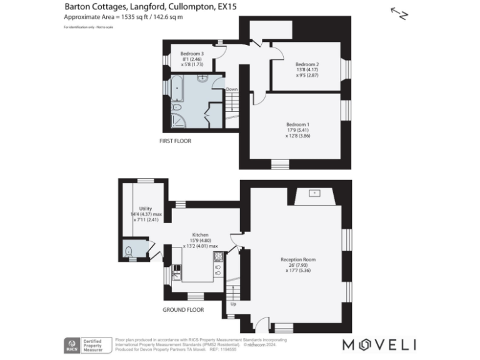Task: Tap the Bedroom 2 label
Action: click(307, 64)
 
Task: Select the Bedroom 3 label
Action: click(192, 54)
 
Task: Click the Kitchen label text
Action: click(199, 235)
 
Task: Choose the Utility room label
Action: click(146, 209)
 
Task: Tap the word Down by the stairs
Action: click(232, 89)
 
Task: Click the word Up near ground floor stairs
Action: click(234, 305)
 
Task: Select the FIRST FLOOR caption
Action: click(176, 141)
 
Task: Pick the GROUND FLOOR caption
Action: click(181, 310)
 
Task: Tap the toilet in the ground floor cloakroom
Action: click(129, 251)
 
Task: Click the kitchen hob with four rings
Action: click(218, 269)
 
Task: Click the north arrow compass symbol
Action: click(399, 13)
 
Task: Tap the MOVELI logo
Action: click(379, 344)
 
